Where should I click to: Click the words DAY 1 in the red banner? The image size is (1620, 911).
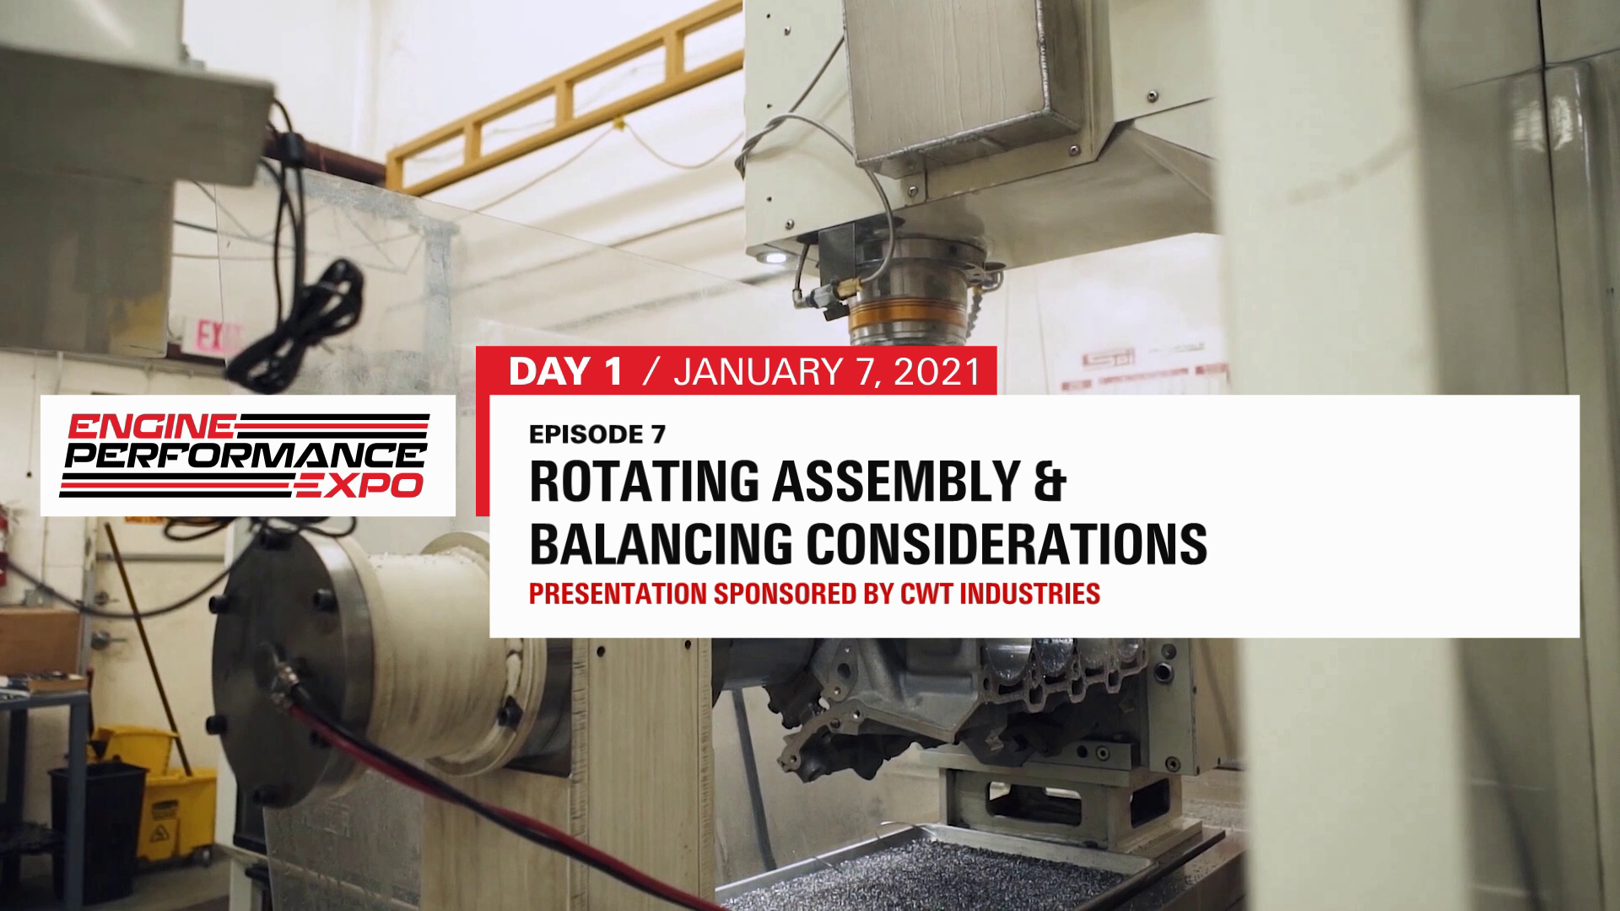point(566,372)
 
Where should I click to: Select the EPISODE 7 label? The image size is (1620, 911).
point(597,434)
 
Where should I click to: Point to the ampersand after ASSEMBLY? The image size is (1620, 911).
point(1050,482)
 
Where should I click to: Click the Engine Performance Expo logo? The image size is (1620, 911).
point(248,455)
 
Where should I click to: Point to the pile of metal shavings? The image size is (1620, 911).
point(928,869)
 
